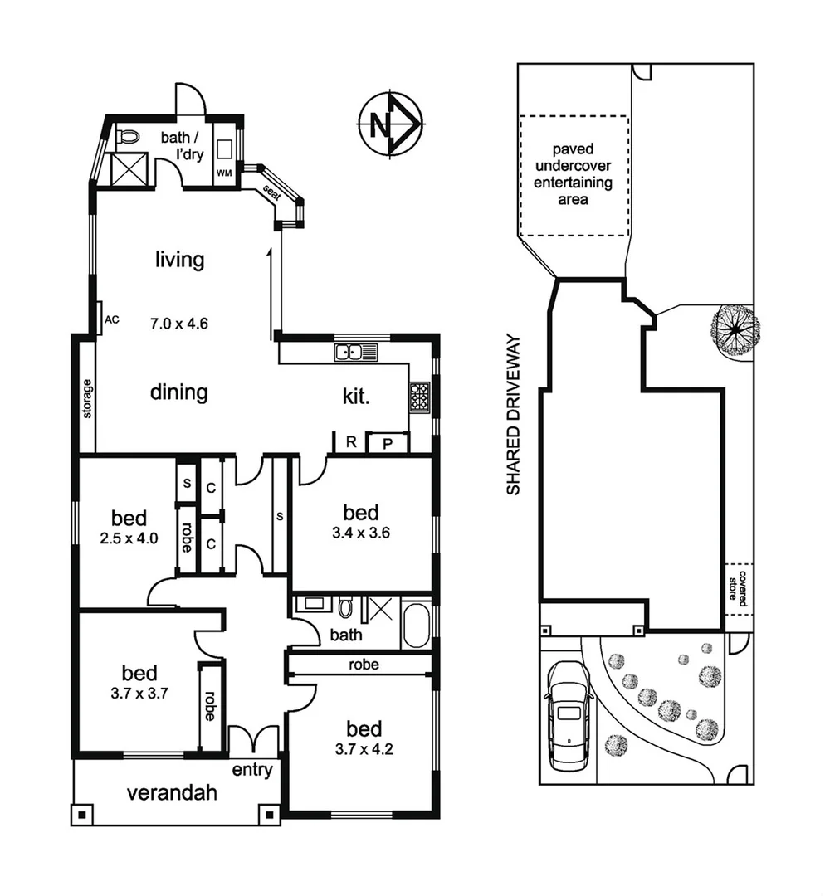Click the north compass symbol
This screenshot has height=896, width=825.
(x=389, y=125)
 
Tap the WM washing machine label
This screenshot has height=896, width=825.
(x=223, y=173)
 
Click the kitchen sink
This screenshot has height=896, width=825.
(x=356, y=353)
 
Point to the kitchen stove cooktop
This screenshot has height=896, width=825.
(x=419, y=397)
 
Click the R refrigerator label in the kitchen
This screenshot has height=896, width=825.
(x=351, y=442)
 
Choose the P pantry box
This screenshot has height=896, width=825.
(x=388, y=443)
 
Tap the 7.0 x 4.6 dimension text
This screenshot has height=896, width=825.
(x=178, y=323)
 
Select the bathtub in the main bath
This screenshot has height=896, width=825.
(x=416, y=626)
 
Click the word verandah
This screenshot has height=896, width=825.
(x=172, y=792)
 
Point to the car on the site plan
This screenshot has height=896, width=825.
(x=568, y=713)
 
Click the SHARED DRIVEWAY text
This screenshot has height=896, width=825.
(x=514, y=415)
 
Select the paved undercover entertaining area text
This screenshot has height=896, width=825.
(x=573, y=175)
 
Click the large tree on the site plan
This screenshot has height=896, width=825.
(x=735, y=330)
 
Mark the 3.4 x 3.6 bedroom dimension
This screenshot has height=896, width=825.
(x=362, y=533)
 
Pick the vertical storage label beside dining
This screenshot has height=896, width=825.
(x=86, y=398)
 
